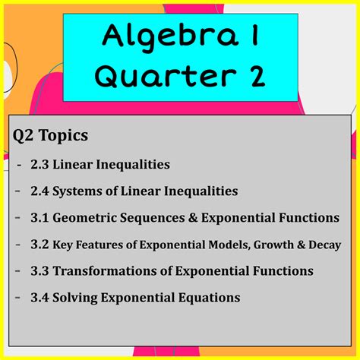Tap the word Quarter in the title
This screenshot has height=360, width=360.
pyautogui.click(x=166, y=76)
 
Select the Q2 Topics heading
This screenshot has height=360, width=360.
pyautogui.click(x=50, y=135)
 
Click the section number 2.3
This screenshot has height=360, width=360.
pyautogui.click(x=39, y=164)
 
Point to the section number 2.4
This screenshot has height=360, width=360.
pyautogui.click(x=39, y=191)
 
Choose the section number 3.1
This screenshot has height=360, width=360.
pyautogui.click(x=39, y=218)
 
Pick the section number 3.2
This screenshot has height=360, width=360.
pyautogui.click(x=39, y=245)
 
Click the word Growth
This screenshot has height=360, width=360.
pyautogui.click(x=273, y=245)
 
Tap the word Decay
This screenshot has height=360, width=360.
pyautogui.click(x=325, y=245)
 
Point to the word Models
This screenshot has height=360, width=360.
pyautogui.click(x=230, y=245)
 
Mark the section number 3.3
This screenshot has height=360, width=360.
pyautogui.click(x=39, y=271)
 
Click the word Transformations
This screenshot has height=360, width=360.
pyautogui.click(x=105, y=271)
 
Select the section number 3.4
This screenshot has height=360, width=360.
pyautogui.click(x=39, y=298)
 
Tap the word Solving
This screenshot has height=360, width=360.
pyautogui.click(x=75, y=298)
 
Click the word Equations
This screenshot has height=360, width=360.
pyautogui.click(x=210, y=298)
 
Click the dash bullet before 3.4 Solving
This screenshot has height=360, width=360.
pyautogui.click(x=17, y=296)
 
